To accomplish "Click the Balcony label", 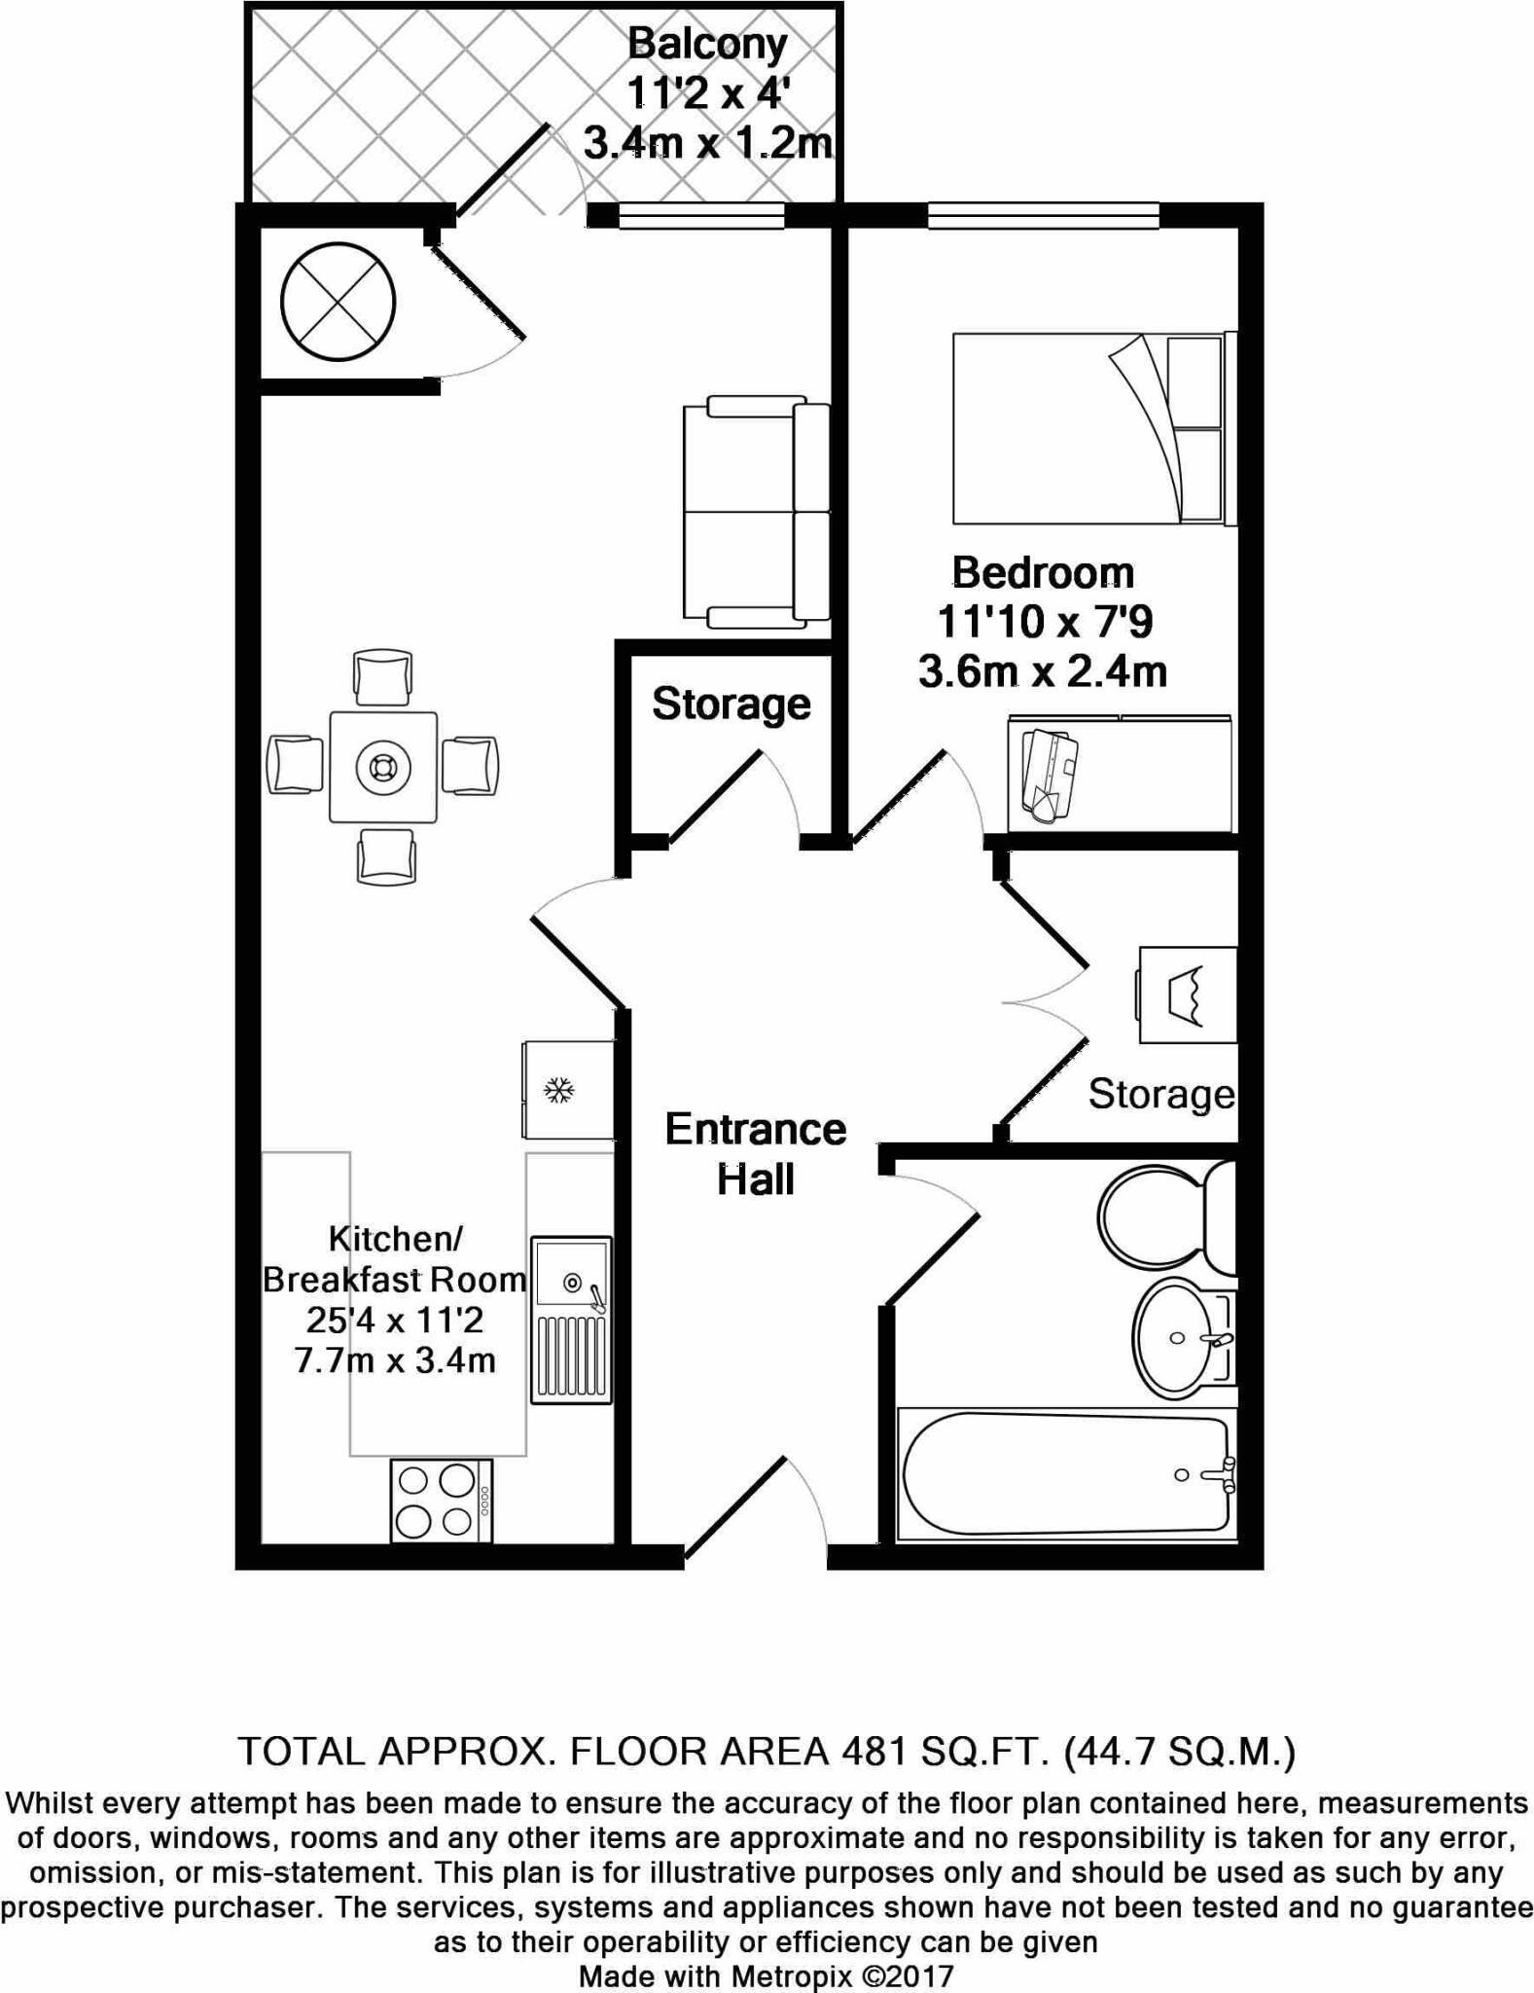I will pos(706,44).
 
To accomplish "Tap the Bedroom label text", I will pos(1043,573).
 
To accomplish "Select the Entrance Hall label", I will pos(756,1154).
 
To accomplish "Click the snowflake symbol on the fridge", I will pos(558,1090).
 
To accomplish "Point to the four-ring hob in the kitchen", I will pos(441,1501).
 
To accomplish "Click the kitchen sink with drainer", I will pos(571,1319).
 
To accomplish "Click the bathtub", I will pos(1066,1474).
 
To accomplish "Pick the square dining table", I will pos(383,767).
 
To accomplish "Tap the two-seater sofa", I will pos(756,512).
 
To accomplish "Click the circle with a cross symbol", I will pos(339,302).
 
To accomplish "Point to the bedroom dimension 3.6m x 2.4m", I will pos(1043,672).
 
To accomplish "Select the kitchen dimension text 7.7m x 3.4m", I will pos(395,1359).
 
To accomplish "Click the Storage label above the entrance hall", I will pos(731,704).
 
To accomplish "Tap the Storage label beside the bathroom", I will pos(1160,1095).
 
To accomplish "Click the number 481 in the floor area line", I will pos(871,1752).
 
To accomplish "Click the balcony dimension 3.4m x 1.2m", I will pos(707,145).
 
